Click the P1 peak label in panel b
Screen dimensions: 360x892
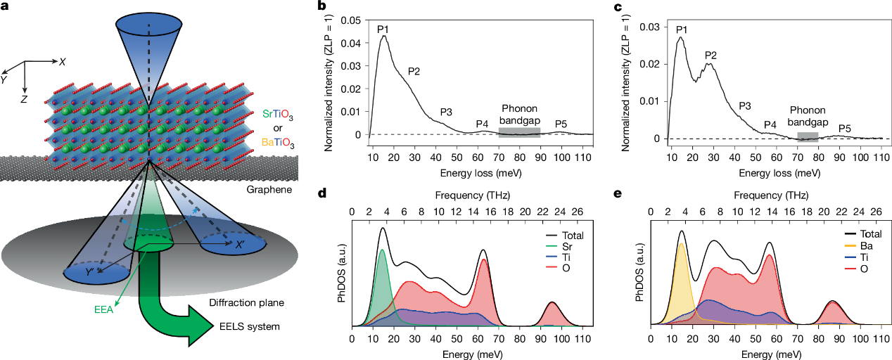point(383,29)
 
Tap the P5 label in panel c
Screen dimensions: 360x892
point(845,128)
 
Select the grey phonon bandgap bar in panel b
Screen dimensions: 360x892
point(519,131)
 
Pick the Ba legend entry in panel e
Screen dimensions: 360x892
point(848,247)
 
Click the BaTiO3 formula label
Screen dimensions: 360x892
point(278,143)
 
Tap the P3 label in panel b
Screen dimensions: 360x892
point(447,112)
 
